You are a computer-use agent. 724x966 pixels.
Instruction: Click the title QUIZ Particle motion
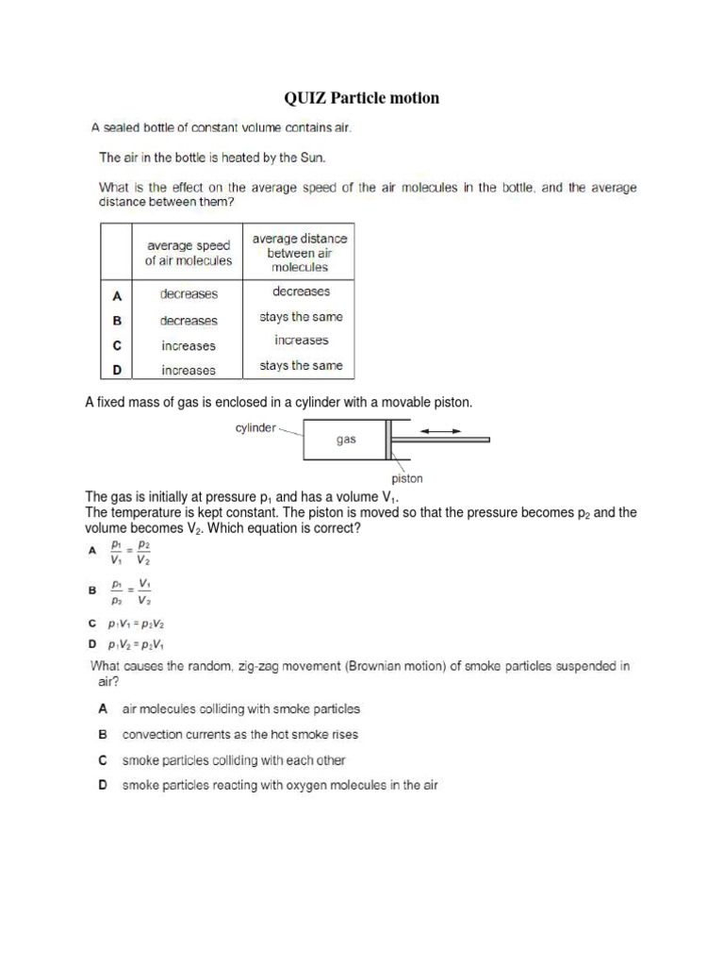tap(362, 98)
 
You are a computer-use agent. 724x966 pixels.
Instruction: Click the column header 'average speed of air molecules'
tap(188, 253)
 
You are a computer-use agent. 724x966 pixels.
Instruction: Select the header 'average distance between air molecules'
tap(298, 253)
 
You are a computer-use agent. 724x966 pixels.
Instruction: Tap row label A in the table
tap(118, 294)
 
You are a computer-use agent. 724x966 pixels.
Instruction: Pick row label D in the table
tap(118, 370)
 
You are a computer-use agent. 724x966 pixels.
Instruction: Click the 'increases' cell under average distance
tap(302, 341)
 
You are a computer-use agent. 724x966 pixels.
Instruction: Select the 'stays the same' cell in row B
tap(302, 317)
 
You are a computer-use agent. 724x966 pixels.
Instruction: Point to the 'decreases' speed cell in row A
tap(189, 294)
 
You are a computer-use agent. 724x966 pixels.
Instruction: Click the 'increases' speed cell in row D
tap(189, 371)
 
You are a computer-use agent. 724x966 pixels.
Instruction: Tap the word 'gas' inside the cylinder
tap(346, 440)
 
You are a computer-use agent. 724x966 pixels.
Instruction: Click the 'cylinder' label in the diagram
tap(255, 428)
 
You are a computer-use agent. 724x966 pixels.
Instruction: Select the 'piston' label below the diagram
tap(407, 478)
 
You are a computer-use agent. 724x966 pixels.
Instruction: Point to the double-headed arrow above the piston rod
tap(440, 431)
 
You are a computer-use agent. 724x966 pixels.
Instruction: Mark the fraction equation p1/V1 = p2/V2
tap(130, 552)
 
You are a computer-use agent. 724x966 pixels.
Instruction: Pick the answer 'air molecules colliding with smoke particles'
tap(241, 708)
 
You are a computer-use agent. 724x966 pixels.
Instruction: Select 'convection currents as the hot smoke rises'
tap(240, 734)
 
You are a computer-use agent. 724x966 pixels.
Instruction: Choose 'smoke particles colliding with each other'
tap(234, 759)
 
